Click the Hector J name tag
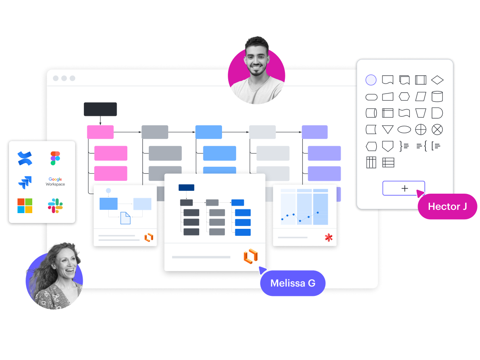(x=447, y=206)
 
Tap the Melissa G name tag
(x=293, y=283)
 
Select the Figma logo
(x=55, y=158)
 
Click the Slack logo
(x=55, y=206)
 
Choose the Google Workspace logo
(x=55, y=182)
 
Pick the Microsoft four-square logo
(x=24, y=206)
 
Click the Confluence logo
(x=25, y=158)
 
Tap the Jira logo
(x=25, y=182)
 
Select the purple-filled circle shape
(x=371, y=80)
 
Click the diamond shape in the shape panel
(x=437, y=80)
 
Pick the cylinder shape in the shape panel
(x=437, y=96)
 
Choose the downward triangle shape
(x=387, y=130)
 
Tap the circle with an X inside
(x=437, y=130)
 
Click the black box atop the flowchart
(x=100, y=109)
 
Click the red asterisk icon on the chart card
(x=329, y=238)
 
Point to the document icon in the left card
(x=125, y=218)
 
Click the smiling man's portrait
(x=256, y=70)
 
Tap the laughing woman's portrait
(x=55, y=277)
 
